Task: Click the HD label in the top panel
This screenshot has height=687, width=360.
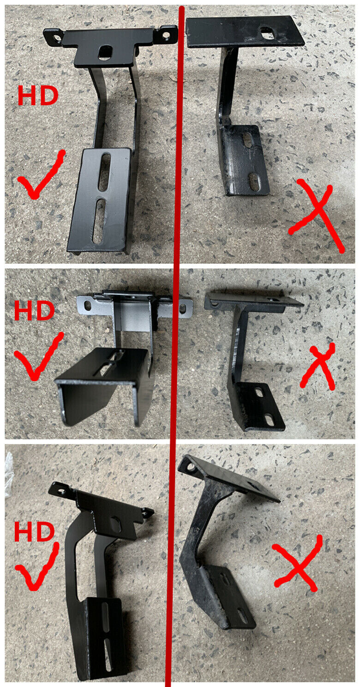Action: coord(38,96)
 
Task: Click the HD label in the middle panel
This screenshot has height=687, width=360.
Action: coord(34,310)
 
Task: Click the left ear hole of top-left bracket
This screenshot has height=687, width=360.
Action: coord(56,38)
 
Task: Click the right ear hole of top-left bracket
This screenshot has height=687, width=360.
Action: coord(166,35)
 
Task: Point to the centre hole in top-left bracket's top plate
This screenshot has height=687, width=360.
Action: coord(106,52)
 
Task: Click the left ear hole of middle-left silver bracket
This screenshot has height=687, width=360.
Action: coord(88,305)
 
